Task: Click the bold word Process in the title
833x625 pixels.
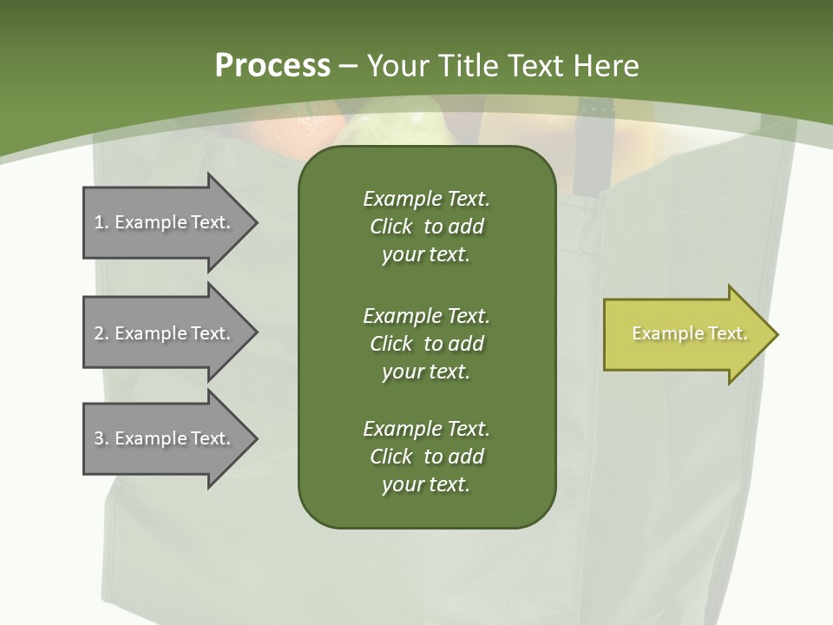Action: click(272, 65)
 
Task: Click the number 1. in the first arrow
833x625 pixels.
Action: click(102, 222)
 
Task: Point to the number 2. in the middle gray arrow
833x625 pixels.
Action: click(102, 333)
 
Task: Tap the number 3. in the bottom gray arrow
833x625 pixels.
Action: click(102, 438)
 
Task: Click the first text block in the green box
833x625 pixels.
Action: click(426, 227)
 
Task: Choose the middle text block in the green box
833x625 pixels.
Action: click(426, 344)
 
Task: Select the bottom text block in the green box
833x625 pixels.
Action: click(426, 457)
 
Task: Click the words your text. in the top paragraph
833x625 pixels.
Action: click(426, 255)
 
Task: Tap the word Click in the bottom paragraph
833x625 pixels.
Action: click(391, 457)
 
